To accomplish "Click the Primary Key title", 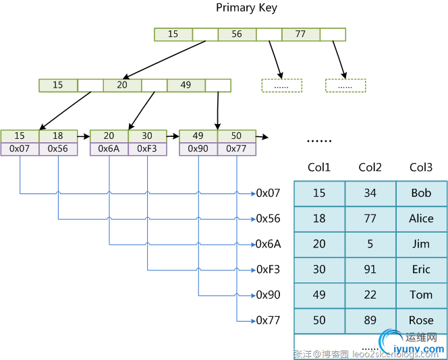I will tap(246, 8).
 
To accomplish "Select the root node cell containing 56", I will tap(237, 34).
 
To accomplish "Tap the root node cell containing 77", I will tap(300, 34).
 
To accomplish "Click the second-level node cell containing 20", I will tap(122, 86).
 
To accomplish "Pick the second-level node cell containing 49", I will tap(186, 86).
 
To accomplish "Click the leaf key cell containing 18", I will tap(58, 136).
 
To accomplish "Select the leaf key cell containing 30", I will tap(147, 136).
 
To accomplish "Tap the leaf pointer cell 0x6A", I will tap(109, 149).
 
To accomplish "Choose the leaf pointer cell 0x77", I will tap(237, 149).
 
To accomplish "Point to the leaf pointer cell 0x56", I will tap(58, 149).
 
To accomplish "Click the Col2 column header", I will tap(370, 168).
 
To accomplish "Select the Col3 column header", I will tap(421, 168).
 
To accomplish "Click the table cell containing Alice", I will tap(421, 219).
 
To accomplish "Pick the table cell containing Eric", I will tap(421, 270).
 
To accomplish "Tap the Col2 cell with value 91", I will tap(370, 270).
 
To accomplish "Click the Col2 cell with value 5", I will tap(370, 244).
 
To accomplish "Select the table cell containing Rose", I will tap(421, 321).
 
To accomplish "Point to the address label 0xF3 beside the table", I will tap(268, 270).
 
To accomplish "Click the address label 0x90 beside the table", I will tap(268, 295).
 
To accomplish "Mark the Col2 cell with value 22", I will tap(370, 295).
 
